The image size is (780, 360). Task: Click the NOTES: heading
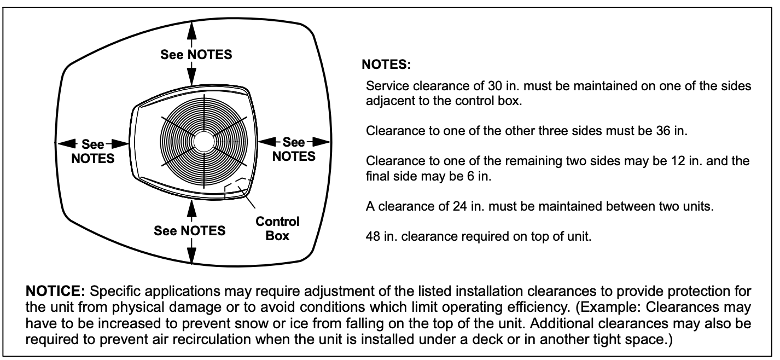coord(386,65)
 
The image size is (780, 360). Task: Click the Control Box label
coord(277,229)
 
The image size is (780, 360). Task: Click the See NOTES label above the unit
coord(196,55)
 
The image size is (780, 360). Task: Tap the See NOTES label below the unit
coord(190,231)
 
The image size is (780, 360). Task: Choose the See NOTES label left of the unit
coord(92,152)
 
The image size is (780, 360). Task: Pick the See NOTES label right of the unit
coord(294,149)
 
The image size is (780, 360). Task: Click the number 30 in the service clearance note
coord(495,86)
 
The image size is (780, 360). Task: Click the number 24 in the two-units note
coord(461,206)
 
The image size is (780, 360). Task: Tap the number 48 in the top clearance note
coord(373,237)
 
